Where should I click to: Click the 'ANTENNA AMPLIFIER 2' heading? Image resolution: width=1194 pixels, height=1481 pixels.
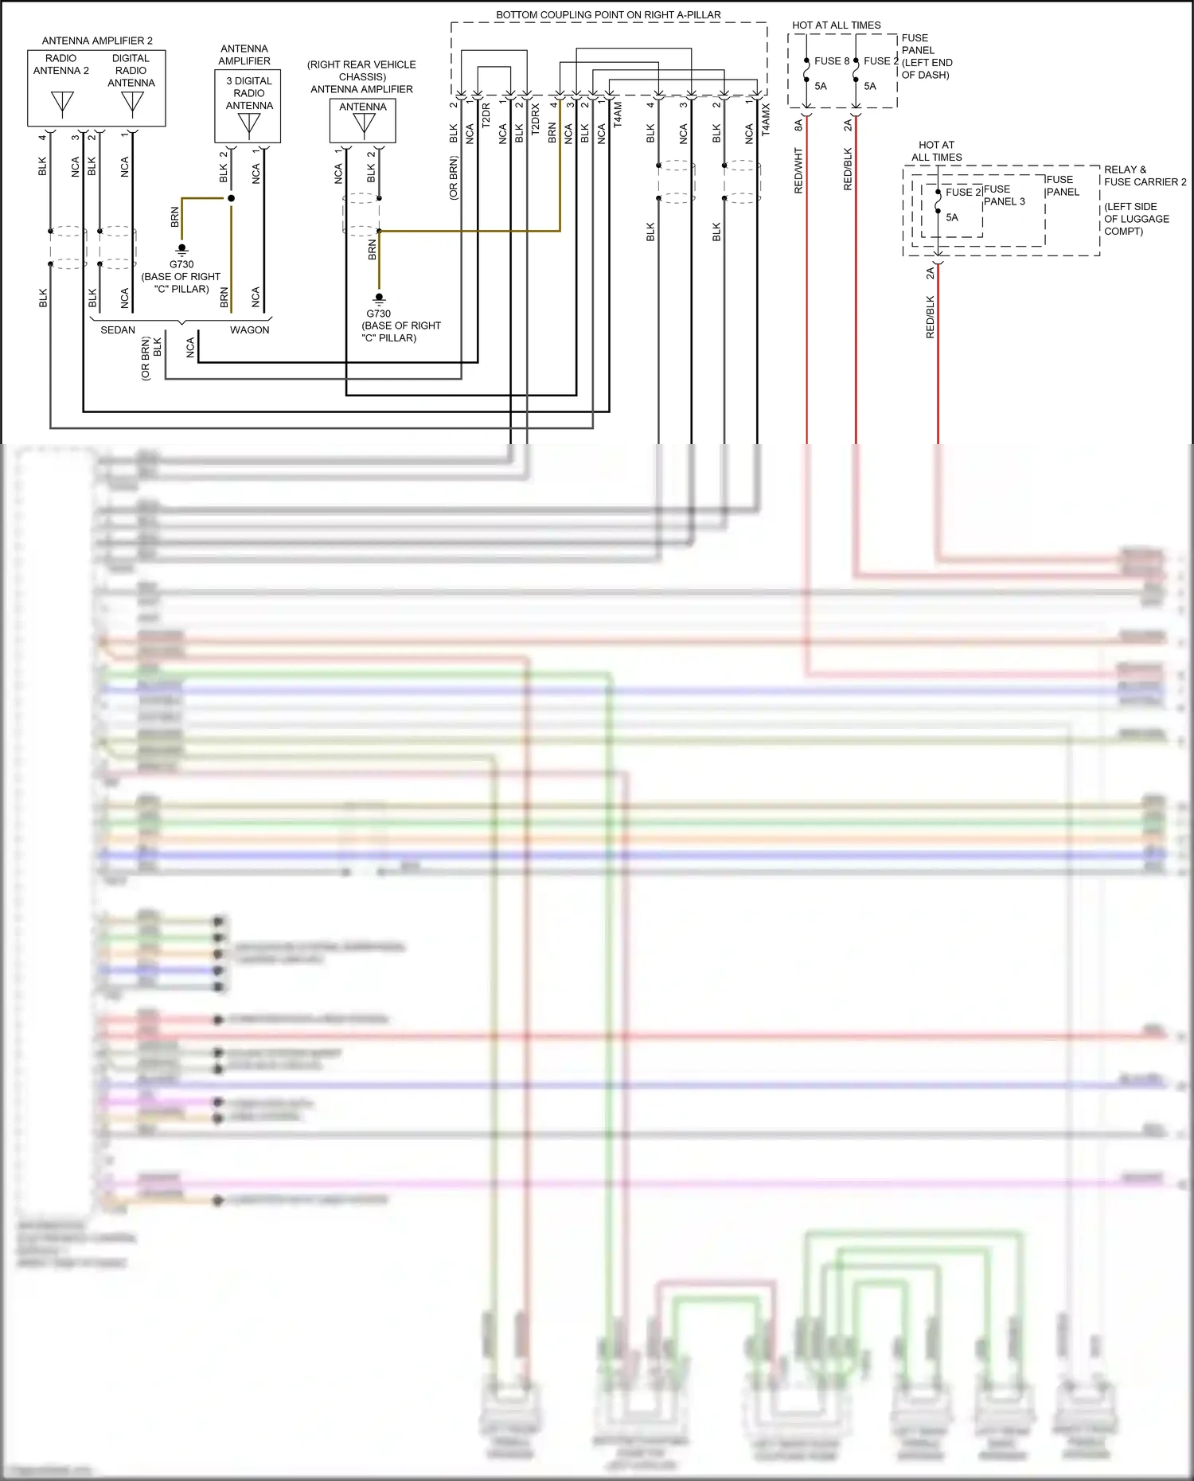click(x=97, y=41)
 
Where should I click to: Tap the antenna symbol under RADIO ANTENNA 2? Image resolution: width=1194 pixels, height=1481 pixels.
click(x=62, y=103)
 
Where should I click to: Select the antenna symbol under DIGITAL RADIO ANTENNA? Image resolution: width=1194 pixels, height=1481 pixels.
click(x=132, y=103)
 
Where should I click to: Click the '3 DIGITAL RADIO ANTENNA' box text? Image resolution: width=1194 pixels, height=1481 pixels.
click(x=248, y=93)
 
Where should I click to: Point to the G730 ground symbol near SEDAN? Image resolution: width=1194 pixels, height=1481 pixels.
click(x=181, y=249)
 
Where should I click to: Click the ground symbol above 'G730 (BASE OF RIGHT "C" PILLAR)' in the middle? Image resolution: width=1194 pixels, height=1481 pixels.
click(x=379, y=298)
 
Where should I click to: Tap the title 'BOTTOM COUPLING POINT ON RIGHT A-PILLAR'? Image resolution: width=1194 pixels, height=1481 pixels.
click(x=608, y=15)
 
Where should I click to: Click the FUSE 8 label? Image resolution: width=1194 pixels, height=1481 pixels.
click(x=831, y=61)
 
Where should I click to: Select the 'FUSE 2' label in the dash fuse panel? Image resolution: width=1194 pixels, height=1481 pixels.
click(x=880, y=61)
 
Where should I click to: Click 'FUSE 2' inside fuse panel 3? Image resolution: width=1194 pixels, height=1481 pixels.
click(x=962, y=193)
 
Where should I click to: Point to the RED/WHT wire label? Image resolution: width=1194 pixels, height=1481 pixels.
click(x=798, y=170)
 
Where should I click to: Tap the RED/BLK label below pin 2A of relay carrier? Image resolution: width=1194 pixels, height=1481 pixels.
click(x=930, y=318)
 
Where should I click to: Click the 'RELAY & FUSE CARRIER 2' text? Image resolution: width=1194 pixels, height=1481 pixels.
click(x=1144, y=176)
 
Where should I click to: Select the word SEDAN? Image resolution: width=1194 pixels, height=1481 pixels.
click(x=118, y=330)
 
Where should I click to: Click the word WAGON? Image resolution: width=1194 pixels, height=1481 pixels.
click(x=249, y=330)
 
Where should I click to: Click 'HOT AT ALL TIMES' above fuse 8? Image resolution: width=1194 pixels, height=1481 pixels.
click(x=836, y=25)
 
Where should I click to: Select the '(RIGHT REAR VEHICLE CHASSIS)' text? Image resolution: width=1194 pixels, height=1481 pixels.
click(x=361, y=71)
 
